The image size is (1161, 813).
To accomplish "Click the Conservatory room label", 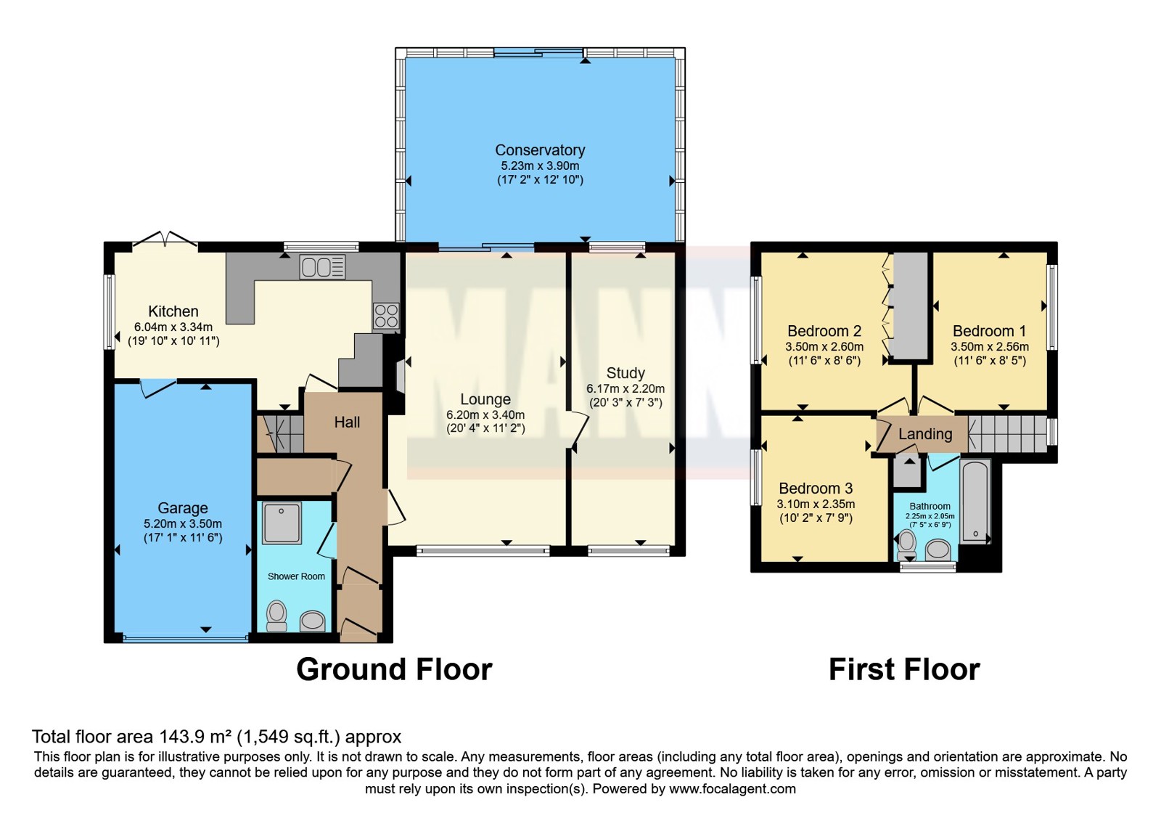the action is click(x=540, y=150).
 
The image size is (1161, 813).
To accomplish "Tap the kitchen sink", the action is click(x=322, y=268).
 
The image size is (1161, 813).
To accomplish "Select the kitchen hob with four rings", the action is click(x=386, y=316).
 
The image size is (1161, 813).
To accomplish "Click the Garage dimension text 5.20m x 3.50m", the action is click(x=183, y=523).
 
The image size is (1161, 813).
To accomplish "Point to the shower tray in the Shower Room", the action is click(x=282, y=522).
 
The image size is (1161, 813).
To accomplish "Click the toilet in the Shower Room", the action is click(x=276, y=616).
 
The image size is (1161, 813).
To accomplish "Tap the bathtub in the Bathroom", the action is click(x=975, y=502).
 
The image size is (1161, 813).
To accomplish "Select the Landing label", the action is click(x=925, y=434).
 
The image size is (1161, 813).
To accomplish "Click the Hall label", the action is click(x=347, y=422).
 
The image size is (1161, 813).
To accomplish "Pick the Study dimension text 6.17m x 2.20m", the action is click(x=625, y=389).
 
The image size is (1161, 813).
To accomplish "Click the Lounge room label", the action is click(x=485, y=399).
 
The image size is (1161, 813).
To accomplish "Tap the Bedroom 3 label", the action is click(x=816, y=489).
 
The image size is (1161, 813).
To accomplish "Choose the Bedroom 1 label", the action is click(x=990, y=331).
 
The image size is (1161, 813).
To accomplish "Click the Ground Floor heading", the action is click(x=394, y=669).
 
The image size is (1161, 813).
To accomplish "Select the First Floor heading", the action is click(x=904, y=669).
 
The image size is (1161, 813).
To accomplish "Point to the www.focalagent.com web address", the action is click(x=732, y=789).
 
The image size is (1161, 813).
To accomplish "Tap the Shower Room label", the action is click(x=296, y=576).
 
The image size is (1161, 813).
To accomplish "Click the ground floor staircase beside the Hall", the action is click(x=280, y=433).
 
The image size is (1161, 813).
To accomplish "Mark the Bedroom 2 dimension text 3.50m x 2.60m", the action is click(x=824, y=347).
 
